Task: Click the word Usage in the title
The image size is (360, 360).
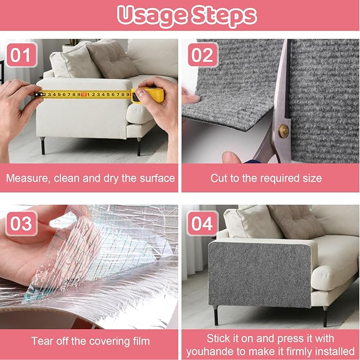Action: point(146,16)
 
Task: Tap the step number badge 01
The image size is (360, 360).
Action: point(21,55)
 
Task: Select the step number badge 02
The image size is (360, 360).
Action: point(203,55)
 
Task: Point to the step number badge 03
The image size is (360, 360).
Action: point(21,223)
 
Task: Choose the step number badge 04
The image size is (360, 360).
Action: point(203,223)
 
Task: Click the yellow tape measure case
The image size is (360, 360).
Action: point(151,95)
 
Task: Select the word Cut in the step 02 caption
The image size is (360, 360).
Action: point(219,178)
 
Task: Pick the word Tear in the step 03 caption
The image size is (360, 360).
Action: point(42,341)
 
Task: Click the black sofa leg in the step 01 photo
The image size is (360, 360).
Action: point(43,145)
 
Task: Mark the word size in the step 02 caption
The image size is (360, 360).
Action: point(311,178)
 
